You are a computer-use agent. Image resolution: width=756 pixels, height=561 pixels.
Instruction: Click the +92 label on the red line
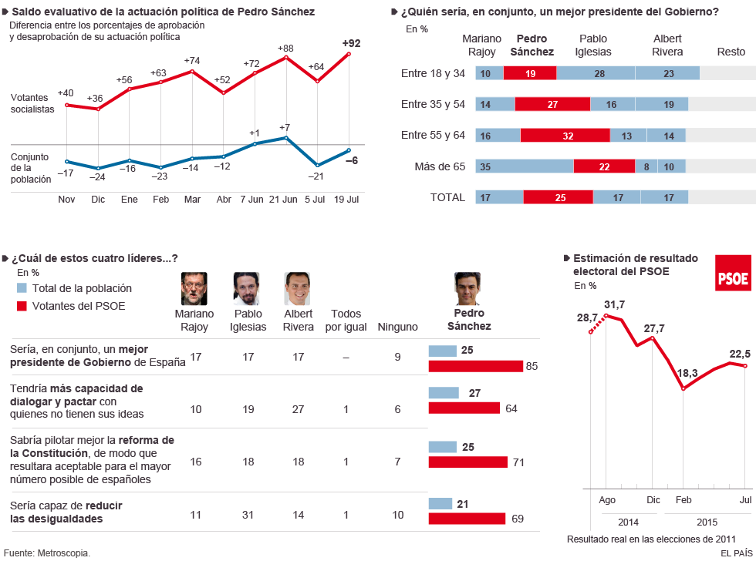point(351,43)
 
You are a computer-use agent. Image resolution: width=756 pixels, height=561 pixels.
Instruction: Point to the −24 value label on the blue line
point(98,177)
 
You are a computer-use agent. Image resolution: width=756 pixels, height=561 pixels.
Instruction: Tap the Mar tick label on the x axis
point(192,200)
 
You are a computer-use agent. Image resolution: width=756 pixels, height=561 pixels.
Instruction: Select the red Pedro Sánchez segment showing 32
point(565,136)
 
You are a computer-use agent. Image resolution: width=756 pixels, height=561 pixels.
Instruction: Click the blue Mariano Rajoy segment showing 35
point(525,166)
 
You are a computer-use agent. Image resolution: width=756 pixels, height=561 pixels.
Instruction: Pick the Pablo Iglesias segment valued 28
point(596,74)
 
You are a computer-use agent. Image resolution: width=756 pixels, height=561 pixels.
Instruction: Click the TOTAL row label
point(447,197)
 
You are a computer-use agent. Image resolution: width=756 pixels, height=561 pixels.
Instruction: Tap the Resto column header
point(731,52)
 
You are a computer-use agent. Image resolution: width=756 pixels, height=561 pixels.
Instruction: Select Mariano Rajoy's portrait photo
point(194,289)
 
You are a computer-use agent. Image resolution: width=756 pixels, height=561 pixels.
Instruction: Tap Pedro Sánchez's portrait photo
point(467,289)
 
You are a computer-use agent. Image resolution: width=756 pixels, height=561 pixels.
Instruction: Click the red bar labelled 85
point(475,366)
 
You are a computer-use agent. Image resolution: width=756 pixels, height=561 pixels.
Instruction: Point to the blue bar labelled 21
point(440,504)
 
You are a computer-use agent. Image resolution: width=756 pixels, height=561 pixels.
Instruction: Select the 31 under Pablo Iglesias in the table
point(248,514)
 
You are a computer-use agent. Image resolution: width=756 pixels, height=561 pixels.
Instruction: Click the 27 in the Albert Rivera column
point(299,409)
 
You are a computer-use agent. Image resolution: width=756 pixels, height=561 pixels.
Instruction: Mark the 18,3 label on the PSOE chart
point(687,373)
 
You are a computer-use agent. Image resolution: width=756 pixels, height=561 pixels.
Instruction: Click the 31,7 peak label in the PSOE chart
point(615,304)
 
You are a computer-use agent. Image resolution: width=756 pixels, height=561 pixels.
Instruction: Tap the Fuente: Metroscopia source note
point(47,553)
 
